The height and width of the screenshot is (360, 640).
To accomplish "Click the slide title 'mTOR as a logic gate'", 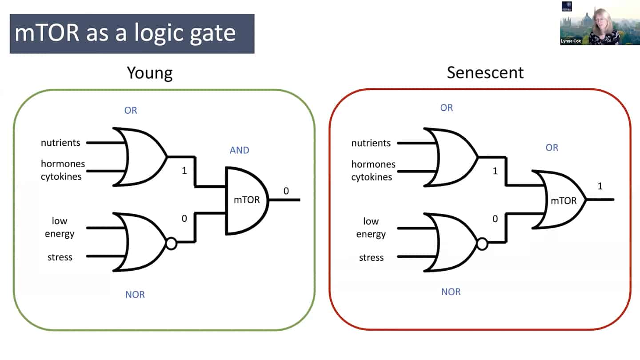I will pos(125,34).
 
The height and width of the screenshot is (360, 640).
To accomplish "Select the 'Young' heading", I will pos(149,72).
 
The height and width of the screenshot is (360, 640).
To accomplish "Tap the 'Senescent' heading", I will pos(485,72).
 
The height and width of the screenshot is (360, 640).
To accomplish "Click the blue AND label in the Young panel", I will pos(239,150).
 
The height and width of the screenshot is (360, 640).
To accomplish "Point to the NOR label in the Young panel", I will pos(135,294).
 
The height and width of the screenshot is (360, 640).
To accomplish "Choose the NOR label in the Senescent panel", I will pos(451,292).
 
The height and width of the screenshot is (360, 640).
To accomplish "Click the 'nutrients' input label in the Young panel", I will pos(60,143).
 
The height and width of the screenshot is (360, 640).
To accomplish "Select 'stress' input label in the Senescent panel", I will pos(371,257).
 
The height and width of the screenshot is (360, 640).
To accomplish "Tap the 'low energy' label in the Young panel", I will pos(60,227).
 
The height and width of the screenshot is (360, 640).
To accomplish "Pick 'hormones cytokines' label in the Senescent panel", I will pos(373,171).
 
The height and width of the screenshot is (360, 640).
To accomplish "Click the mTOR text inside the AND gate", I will pos(247,200).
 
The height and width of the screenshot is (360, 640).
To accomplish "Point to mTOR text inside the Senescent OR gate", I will pos(564,200).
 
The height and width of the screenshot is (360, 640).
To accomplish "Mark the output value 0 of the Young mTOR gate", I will pos(286,191).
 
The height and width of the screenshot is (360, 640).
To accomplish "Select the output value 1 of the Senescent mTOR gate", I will pos(600,186).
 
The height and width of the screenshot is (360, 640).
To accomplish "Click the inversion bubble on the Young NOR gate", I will pos(171,243).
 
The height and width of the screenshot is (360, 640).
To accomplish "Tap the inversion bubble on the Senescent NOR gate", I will pos(482,244).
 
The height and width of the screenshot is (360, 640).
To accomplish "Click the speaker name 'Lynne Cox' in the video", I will pos(571,41).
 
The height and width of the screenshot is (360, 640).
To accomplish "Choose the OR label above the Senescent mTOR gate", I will pos(552,148).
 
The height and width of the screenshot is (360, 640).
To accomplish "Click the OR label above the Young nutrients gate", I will pos(131,110).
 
